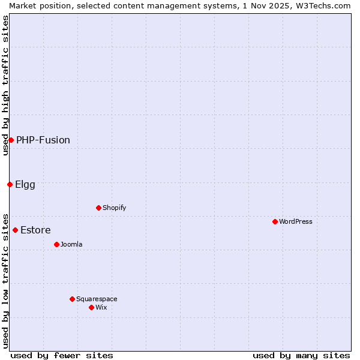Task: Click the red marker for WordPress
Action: tap(275, 221)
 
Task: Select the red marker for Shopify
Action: tap(98, 208)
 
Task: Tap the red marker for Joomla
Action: tap(56, 244)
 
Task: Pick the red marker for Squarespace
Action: tap(72, 299)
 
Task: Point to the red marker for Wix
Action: tap(91, 307)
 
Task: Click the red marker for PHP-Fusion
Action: tap(11, 140)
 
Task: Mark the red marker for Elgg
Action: tap(10, 184)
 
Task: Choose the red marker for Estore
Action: tap(15, 230)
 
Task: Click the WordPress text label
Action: tap(296, 221)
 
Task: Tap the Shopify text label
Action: tap(114, 208)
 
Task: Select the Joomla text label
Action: tap(71, 244)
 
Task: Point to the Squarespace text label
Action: tap(97, 299)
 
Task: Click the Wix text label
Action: tap(101, 307)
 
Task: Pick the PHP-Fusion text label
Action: tap(43, 140)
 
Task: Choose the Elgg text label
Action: tap(25, 184)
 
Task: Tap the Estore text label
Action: tap(35, 230)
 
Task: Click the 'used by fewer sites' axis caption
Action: tap(62, 355)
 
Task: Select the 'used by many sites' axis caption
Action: tap(301, 355)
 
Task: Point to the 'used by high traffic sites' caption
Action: tap(5, 85)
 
